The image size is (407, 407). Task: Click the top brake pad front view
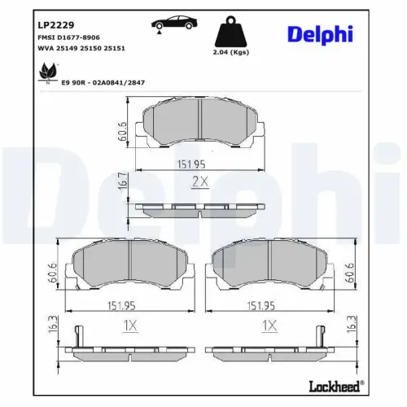(x=199, y=124)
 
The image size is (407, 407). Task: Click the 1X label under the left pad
(x=129, y=326)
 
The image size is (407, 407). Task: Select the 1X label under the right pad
(x=269, y=326)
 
